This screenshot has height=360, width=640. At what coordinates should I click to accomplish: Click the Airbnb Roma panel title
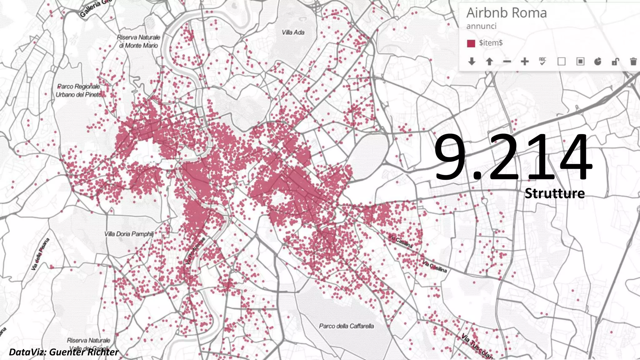tap(506, 13)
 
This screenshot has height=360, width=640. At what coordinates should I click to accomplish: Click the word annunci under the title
tap(481, 26)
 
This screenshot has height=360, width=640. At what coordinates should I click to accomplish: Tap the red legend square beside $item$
tap(471, 43)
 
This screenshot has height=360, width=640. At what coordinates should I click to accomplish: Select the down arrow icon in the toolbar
tap(472, 62)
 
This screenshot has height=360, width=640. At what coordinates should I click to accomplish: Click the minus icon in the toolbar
tap(507, 62)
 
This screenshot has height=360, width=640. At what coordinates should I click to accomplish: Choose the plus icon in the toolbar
tap(525, 62)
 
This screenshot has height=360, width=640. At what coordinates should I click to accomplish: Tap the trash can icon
tap(633, 62)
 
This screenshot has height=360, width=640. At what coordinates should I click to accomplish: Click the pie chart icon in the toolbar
tap(597, 62)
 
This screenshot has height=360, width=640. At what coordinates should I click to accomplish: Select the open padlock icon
tap(615, 62)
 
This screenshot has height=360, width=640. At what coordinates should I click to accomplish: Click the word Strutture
tap(554, 193)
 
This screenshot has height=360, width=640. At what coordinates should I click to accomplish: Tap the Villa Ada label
tap(293, 32)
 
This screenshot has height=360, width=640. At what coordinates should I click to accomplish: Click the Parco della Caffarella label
tap(346, 326)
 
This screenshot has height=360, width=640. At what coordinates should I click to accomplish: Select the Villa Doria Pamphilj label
tap(129, 234)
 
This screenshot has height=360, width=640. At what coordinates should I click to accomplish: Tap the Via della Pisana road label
tap(40, 254)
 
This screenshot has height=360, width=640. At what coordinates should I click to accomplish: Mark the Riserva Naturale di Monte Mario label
tap(138, 41)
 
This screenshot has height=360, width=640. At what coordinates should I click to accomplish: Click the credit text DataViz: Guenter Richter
tap(64, 352)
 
